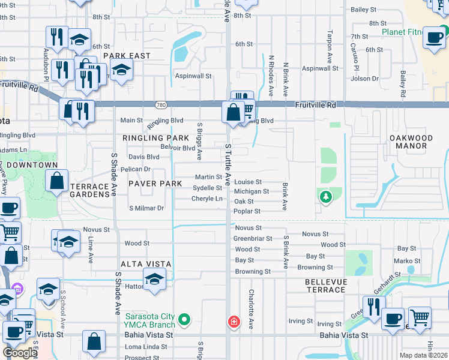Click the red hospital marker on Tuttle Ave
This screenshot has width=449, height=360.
(x=234, y=323)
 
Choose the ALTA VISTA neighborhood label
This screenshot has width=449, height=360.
(x=146, y=264)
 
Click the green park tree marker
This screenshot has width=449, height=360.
(x=325, y=196)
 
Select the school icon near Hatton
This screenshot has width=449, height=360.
(x=155, y=280)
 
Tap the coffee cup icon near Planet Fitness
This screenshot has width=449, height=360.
(x=433, y=37)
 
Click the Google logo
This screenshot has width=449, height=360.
(x=20, y=353)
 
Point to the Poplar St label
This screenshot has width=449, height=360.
(x=247, y=211)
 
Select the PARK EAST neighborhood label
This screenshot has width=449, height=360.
(x=126, y=56)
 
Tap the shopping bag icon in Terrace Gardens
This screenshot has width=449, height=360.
(x=56, y=181)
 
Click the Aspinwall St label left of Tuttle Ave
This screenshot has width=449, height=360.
(x=193, y=76)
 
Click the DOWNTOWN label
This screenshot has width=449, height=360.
(x=34, y=165)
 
